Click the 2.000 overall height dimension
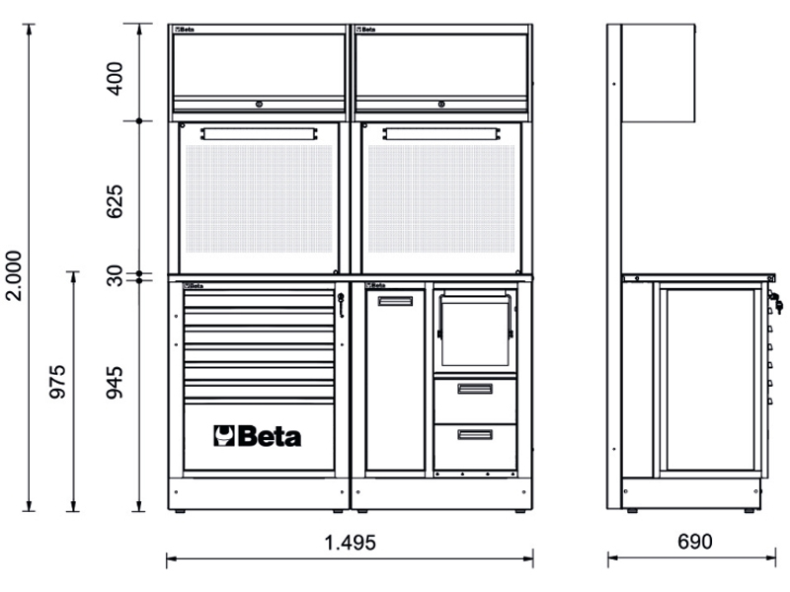(14, 275)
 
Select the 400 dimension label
(115, 79)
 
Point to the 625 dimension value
(115, 201)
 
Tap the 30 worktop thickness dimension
(115, 276)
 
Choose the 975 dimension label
(57, 382)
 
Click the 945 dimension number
(115, 383)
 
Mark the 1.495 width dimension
(351, 543)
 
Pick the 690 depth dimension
(695, 542)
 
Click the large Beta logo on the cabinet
(258, 436)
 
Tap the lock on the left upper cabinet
(259, 105)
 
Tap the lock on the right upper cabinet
(441, 105)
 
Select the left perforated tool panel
(259, 199)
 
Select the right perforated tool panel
(441, 199)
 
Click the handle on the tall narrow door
(396, 301)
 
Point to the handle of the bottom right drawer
(475, 434)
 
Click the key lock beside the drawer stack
(341, 305)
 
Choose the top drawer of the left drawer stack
(259, 300)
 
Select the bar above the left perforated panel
(259, 134)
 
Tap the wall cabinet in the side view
(659, 73)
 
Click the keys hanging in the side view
(776, 303)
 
